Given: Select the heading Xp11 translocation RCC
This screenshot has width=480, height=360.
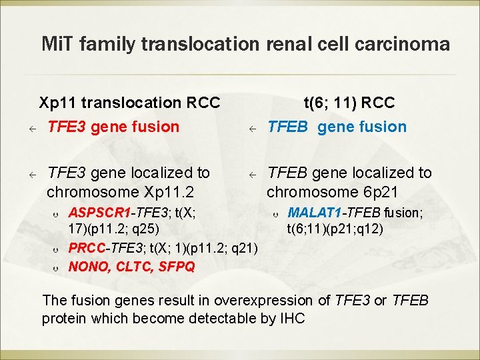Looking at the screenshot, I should click(x=129, y=103).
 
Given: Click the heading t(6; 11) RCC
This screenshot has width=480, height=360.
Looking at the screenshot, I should click(x=349, y=103).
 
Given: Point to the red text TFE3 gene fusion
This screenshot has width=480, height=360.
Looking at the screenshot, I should click(x=113, y=127).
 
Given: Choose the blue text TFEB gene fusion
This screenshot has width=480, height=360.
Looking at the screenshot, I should click(x=337, y=127).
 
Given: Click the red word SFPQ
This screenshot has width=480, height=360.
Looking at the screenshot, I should click(x=177, y=267).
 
